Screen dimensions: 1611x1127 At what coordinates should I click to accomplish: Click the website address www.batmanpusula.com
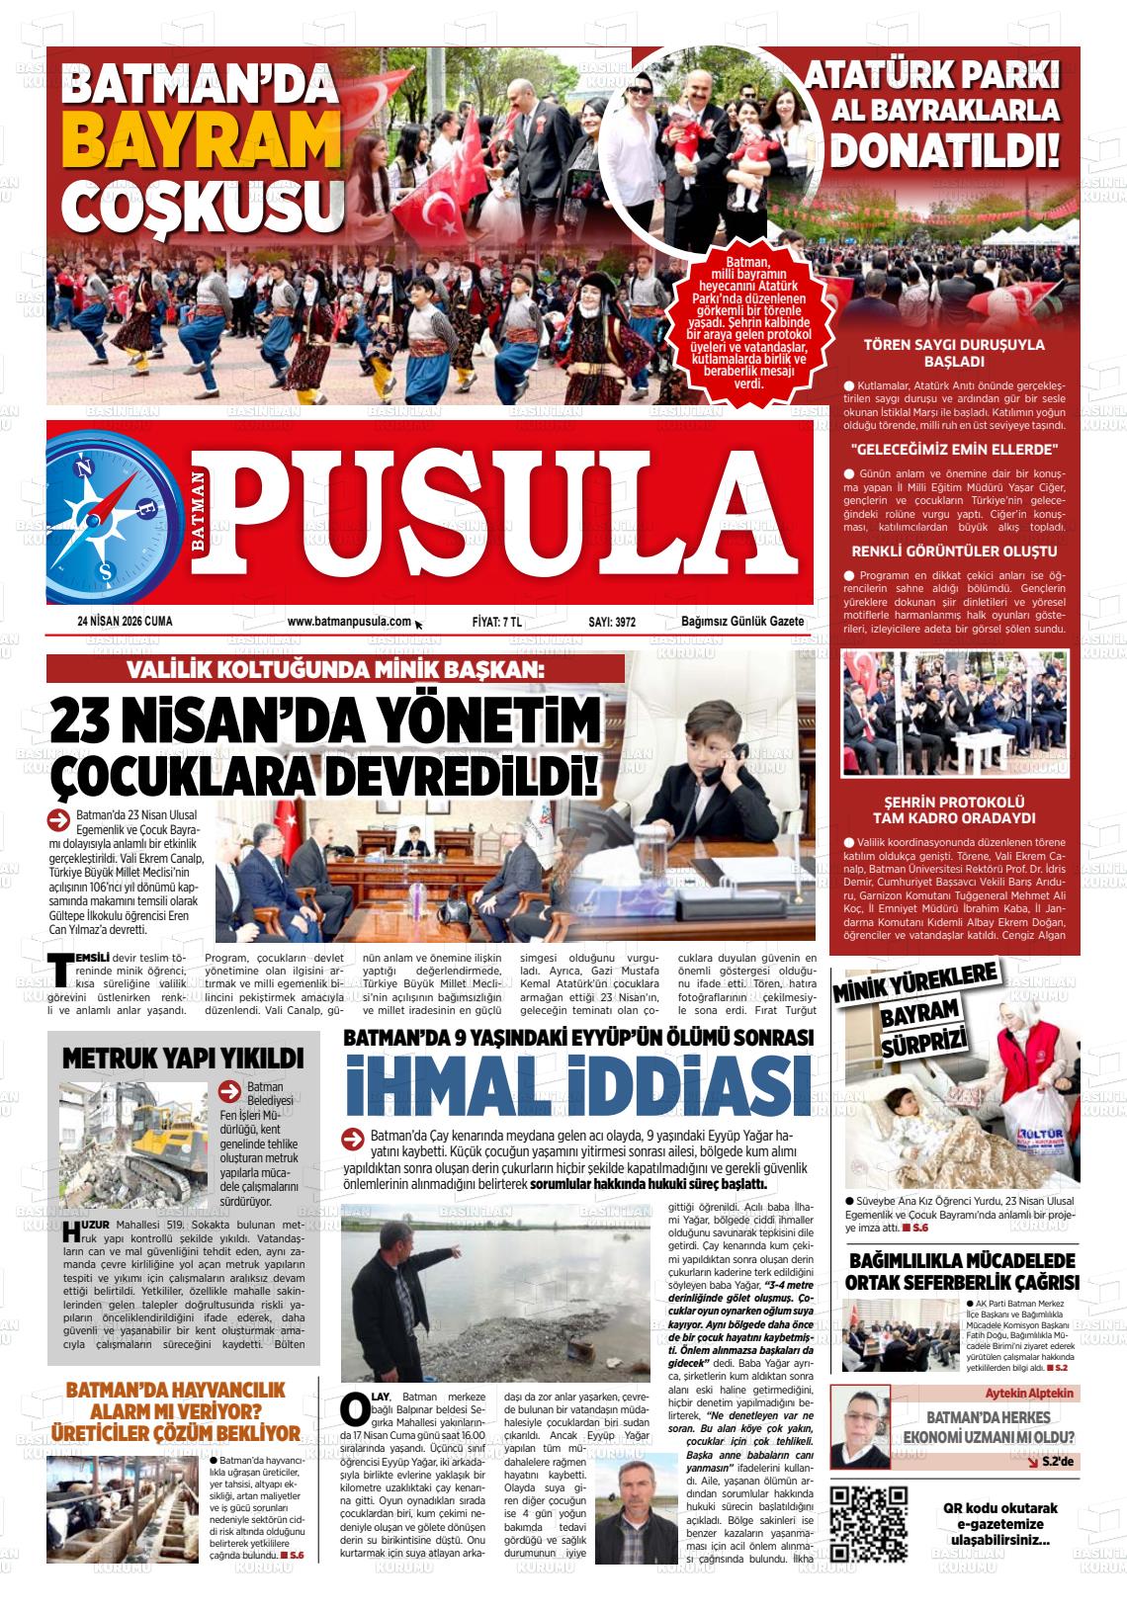tap(349, 622)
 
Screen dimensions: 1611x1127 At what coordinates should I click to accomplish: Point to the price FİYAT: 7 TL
tap(497, 622)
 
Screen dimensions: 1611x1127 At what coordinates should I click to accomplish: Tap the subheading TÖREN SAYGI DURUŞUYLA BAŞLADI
tap(939, 353)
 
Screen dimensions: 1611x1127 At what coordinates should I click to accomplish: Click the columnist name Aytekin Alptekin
tap(1028, 1393)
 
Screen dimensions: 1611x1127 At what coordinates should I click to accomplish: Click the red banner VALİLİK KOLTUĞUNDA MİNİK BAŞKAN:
tap(335, 669)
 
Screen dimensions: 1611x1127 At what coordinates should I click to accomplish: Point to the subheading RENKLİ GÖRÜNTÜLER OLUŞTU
tap(940, 551)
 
